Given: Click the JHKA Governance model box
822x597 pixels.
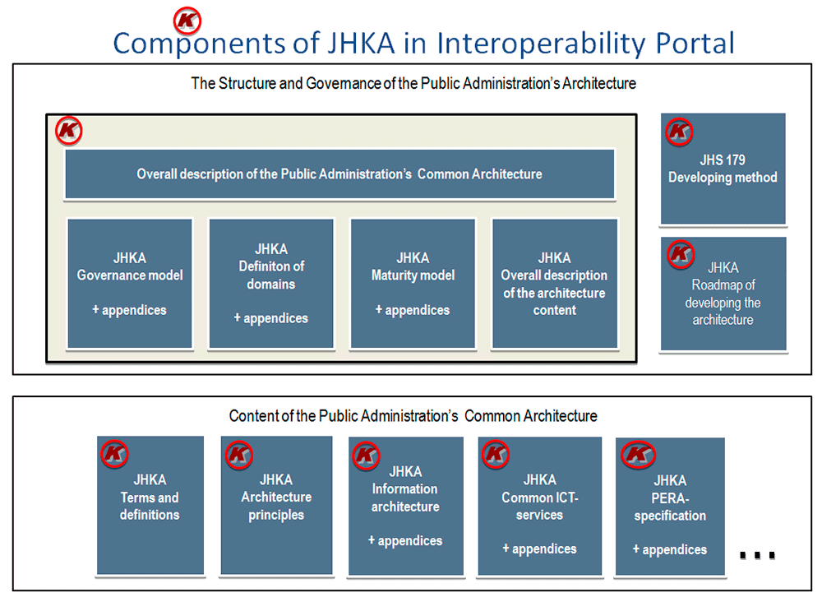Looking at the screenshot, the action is [130, 283].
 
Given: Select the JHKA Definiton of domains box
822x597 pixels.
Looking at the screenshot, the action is [271, 283].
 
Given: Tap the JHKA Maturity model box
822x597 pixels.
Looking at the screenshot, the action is [413, 283].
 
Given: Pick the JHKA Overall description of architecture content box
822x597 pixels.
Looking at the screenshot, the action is [555, 283].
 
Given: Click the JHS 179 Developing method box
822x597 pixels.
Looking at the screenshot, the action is [723, 169].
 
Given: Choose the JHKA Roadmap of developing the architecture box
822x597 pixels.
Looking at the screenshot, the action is [723, 294].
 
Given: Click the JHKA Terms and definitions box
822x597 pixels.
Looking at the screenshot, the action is [150, 505].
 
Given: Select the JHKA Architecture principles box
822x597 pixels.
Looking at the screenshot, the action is [276, 505].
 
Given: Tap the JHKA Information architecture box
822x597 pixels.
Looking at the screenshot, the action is [406, 506].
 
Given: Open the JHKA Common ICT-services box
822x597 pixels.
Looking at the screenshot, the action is [540, 506].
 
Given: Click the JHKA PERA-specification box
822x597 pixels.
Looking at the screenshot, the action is [670, 507].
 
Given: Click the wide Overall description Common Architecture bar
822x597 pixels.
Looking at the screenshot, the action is [339, 174].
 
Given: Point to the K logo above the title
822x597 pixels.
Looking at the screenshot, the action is [187, 21].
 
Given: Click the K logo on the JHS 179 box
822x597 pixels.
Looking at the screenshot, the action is [679, 131].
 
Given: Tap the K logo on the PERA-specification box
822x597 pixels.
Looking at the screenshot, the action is [638, 454].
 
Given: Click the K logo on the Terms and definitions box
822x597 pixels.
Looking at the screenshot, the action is [114, 453].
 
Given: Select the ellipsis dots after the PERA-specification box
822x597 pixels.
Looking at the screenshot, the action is [757, 555].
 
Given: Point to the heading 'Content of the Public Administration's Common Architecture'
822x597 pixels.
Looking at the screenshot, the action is [413, 416].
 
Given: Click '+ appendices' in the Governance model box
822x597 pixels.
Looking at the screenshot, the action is [130, 310].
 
